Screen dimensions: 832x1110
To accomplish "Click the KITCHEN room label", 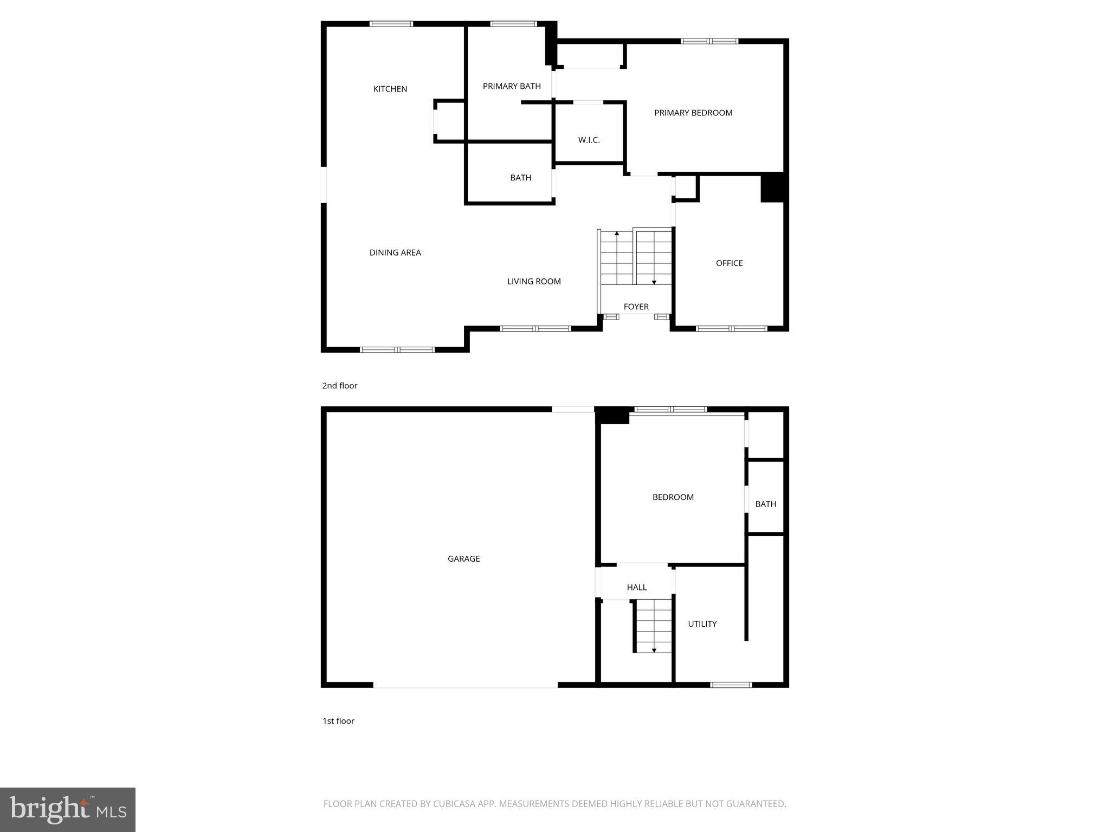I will tap(390, 89).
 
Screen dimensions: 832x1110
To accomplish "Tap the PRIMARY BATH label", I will tap(512, 86).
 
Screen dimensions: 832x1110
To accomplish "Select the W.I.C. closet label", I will tap(589, 140).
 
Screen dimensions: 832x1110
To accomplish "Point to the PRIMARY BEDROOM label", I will tap(693, 113).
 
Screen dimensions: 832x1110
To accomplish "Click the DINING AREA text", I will tap(395, 252).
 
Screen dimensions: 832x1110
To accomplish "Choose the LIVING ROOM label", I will tap(534, 281).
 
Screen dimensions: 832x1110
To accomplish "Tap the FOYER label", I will tap(636, 307).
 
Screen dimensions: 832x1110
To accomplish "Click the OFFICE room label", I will tap(729, 263).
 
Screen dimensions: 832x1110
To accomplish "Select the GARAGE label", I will tap(463, 558).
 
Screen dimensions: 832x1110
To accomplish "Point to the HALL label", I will tap(636, 587).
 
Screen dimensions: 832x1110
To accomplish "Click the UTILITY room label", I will tap(702, 624).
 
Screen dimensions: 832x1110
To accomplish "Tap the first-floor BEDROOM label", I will tap(673, 497).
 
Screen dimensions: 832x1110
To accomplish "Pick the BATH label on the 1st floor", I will tap(765, 504).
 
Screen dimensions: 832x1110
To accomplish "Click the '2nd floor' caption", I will tap(340, 386).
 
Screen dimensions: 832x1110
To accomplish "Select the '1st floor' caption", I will tap(338, 721).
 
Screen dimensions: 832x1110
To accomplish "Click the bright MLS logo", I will tap(68, 809).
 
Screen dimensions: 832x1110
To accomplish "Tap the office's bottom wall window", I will tap(731, 328).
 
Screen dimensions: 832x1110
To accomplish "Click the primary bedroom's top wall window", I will tap(709, 41).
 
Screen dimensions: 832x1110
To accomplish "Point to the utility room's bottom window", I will tap(731, 685).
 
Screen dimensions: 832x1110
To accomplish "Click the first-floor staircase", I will tap(654, 626).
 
